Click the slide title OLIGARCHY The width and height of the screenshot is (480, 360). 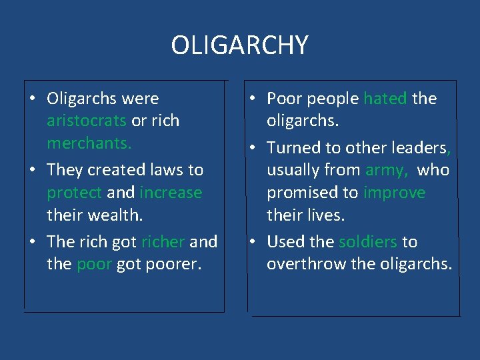coord(239,45)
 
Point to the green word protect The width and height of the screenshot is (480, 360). coord(74,193)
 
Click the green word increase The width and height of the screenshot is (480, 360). coord(171,193)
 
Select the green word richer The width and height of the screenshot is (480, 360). coord(163,241)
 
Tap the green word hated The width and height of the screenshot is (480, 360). coord(385,99)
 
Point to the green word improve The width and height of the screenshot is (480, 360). coord(394,193)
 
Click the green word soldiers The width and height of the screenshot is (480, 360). coord(368,241)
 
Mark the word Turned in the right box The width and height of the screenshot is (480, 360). coord(291,147)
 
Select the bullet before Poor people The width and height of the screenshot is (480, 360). coord(253,99)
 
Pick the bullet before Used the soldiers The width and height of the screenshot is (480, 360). coord(253,241)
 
